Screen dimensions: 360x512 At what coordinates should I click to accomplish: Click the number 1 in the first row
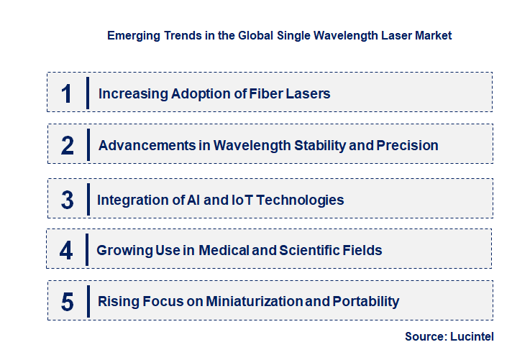[66, 93]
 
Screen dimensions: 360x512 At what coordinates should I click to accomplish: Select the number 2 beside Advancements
[67, 145]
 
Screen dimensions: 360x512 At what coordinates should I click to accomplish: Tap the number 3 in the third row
[67, 200]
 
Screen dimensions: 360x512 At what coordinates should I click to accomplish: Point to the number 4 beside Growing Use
[66, 250]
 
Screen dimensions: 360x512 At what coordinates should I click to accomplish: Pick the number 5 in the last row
[67, 302]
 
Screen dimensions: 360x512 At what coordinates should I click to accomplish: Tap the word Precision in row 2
[406, 145]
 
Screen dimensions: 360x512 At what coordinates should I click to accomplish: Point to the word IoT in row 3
[246, 200]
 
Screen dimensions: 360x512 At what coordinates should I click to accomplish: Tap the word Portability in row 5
[365, 302]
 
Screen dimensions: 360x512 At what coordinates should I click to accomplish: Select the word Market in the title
[433, 35]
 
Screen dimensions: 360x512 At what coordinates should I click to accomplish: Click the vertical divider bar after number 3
[87, 199]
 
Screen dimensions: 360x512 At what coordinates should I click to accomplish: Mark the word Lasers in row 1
[309, 93]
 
